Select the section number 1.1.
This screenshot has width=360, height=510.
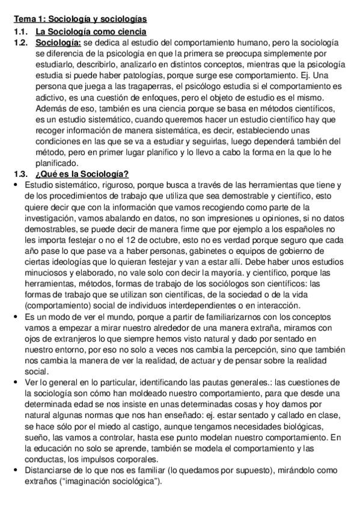(x=22, y=31)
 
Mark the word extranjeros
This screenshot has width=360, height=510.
(x=68, y=338)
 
